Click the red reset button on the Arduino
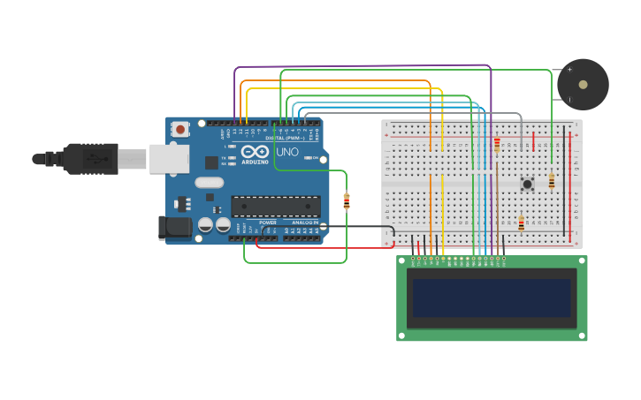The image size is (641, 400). point(180,129)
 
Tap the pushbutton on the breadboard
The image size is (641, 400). point(527,184)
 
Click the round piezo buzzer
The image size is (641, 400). point(583,85)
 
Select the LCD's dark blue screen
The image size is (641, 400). point(492,298)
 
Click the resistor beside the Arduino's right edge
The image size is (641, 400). point(346,201)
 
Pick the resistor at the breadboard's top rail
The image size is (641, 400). point(497,144)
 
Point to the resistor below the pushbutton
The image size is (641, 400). point(521,223)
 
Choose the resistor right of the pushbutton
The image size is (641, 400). point(552,181)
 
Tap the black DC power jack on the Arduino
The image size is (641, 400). point(174,227)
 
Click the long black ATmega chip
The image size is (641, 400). point(276,207)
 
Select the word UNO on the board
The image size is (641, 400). point(287,152)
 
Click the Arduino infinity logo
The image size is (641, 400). point(254,151)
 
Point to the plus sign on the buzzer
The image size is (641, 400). point(569,70)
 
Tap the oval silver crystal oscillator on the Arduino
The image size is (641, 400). point(210,183)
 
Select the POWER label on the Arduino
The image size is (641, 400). point(267,222)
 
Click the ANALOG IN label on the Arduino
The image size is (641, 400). point(305,222)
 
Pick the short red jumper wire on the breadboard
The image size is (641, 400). point(533,141)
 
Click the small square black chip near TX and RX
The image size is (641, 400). point(211,162)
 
